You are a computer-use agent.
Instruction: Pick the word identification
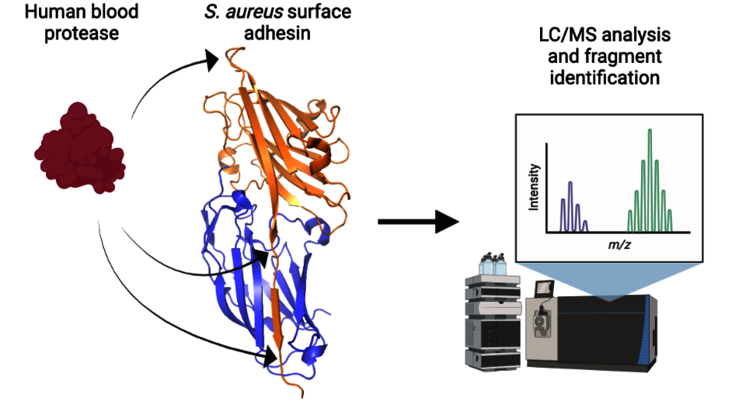[x=605, y=78]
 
